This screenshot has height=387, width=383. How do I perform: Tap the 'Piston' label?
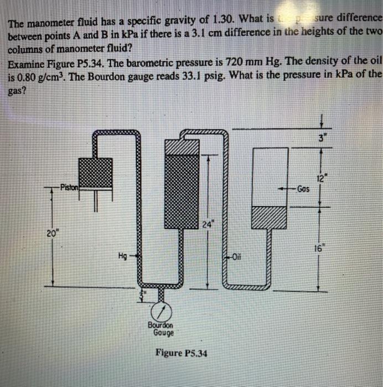click(70, 187)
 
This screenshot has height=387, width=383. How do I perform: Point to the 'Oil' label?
click(237, 257)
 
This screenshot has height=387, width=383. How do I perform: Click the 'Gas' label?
click(303, 189)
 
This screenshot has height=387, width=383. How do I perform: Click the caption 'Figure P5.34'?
click(181, 353)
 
